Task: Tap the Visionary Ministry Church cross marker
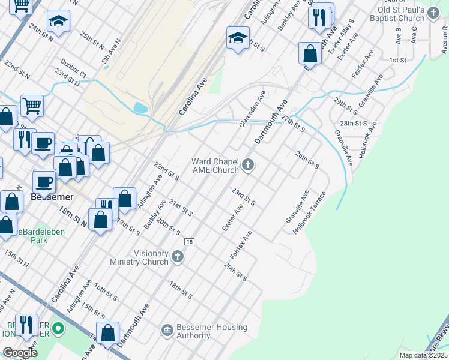pyautogui.click(x=177, y=257)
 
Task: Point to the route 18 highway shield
pyautogui.click(x=189, y=241)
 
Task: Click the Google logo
pyautogui.click(x=20, y=353)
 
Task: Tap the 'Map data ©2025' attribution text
pyautogui.click(x=423, y=355)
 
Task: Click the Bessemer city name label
pyautogui.click(x=52, y=197)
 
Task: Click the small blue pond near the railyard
pyautogui.click(x=140, y=108)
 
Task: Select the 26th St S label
pyautogui.click(x=307, y=160)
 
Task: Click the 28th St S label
pyautogui.click(x=354, y=123)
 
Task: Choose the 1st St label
pyautogui.click(x=397, y=61)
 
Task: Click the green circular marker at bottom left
pyautogui.click(x=58, y=329)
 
